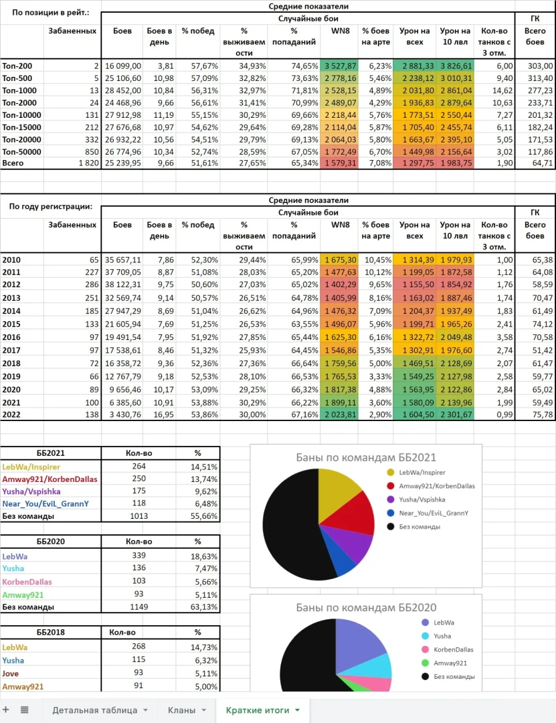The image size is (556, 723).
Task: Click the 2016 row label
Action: pyautogui.click(x=12, y=337)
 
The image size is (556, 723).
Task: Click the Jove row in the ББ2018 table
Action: pyautogui.click(x=11, y=673)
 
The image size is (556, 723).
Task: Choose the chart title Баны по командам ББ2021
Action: pyautogui.click(x=366, y=458)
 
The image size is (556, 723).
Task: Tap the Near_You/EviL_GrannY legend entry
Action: pyautogui.click(x=433, y=513)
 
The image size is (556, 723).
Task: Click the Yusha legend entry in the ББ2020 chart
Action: pyautogui.click(x=442, y=636)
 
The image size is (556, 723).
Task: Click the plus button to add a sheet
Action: pyautogui.click(x=6, y=710)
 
